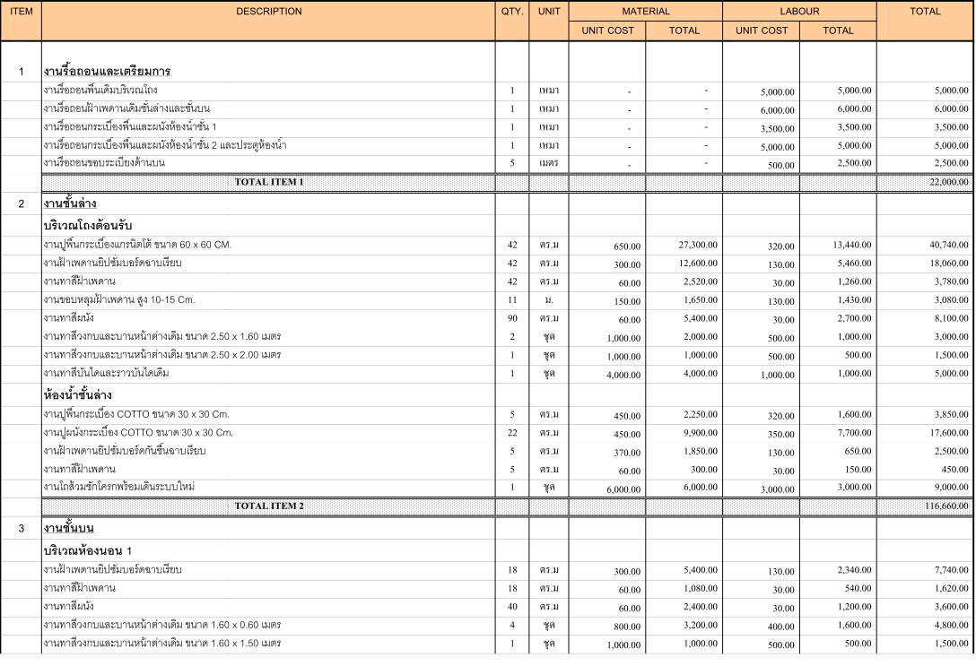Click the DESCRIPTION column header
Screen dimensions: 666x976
268,12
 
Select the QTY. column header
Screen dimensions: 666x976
511,12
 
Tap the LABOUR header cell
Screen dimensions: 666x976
799,12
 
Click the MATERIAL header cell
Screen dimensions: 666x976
645,12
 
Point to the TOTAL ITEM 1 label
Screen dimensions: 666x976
268,182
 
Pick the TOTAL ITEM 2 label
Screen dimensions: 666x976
268,506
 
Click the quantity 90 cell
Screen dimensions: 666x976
511,317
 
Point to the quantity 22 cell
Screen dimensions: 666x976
511,433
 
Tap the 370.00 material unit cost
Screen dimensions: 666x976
627,452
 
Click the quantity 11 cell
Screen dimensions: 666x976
511,298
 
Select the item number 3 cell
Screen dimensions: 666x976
21,528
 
